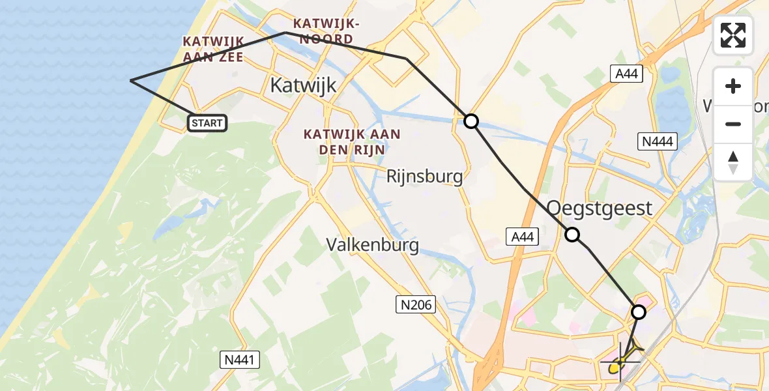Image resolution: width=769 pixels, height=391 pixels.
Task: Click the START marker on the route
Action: tap(207, 123)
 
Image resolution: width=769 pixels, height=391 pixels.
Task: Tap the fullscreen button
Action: tap(733, 35)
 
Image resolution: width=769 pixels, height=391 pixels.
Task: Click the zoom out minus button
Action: tap(733, 124)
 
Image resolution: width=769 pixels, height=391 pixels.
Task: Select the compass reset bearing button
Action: tap(733, 162)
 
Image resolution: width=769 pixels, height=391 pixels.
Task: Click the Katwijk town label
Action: tap(303, 84)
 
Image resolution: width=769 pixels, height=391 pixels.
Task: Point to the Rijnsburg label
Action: tap(424, 176)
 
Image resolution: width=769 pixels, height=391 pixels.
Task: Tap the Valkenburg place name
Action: tap(372, 244)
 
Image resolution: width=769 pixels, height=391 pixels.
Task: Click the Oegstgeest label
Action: tap(599, 209)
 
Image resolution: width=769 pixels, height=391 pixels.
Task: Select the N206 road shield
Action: tap(415, 304)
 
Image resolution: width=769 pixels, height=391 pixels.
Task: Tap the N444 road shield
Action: tap(658, 141)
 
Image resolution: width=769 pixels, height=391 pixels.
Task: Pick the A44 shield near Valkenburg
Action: tap(523, 237)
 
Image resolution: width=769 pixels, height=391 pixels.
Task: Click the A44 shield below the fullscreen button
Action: tap(627, 74)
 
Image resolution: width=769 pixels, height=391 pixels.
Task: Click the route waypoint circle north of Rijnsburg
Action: tap(471, 121)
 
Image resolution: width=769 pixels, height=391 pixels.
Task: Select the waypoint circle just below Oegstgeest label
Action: tap(572, 235)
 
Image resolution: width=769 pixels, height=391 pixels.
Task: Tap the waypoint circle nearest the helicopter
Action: tap(639, 312)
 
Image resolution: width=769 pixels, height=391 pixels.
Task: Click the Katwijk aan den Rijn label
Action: tap(351, 141)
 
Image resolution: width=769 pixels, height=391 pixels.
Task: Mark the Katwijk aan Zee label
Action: tap(213, 49)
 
